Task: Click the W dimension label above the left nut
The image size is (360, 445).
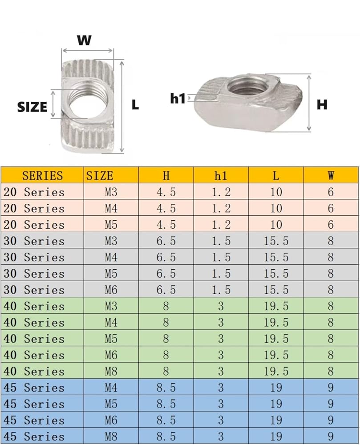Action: pos(84,40)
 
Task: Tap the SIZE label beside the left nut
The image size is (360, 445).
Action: pos(32,107)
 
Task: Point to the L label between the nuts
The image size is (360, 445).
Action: pos(135,105)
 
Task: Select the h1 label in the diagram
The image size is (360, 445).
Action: pos(178,98)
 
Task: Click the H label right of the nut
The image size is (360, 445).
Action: pos(322,105)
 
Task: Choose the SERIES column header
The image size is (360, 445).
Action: pos(43,175)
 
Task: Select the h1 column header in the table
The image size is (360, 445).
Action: pos(221,175)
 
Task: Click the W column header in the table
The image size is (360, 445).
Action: pos(331,175)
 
